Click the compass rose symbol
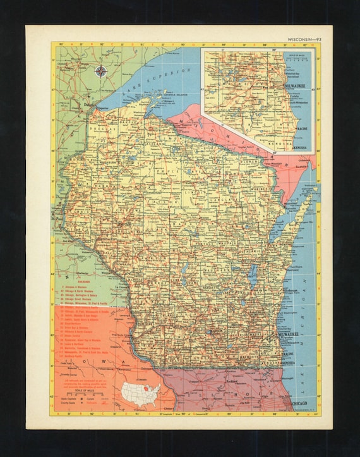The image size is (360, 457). pyautogui.click(x=100, y=71)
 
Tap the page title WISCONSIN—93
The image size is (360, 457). pyautogui.click(x=305, y=39)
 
